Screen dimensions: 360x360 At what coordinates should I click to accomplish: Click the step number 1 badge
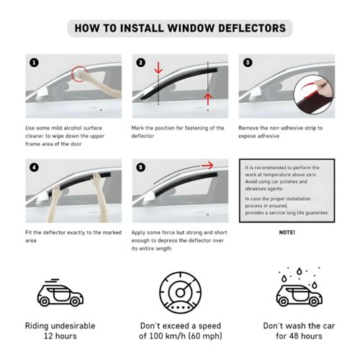[34, 63]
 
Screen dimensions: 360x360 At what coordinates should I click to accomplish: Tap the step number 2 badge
[140, 63]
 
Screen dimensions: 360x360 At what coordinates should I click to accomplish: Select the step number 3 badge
[248, 63]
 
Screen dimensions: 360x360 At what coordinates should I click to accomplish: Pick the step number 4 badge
[34, 167]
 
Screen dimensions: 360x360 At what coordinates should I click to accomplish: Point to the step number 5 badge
[140, 167]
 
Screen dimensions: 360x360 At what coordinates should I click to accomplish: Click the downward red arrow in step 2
[158, 68]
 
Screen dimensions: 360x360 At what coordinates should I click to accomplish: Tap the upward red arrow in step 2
[208, 99]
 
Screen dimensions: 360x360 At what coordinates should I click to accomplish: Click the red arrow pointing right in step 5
[207, 166]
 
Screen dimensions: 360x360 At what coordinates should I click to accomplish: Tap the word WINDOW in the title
[191, 28]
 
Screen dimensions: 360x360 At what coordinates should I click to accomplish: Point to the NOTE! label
[287, 233]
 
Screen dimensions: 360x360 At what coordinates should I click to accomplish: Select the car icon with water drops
[300, 287]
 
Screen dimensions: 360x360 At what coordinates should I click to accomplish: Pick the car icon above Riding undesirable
[60, 294]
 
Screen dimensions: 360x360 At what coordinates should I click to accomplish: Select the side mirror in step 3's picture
[256, 93]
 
